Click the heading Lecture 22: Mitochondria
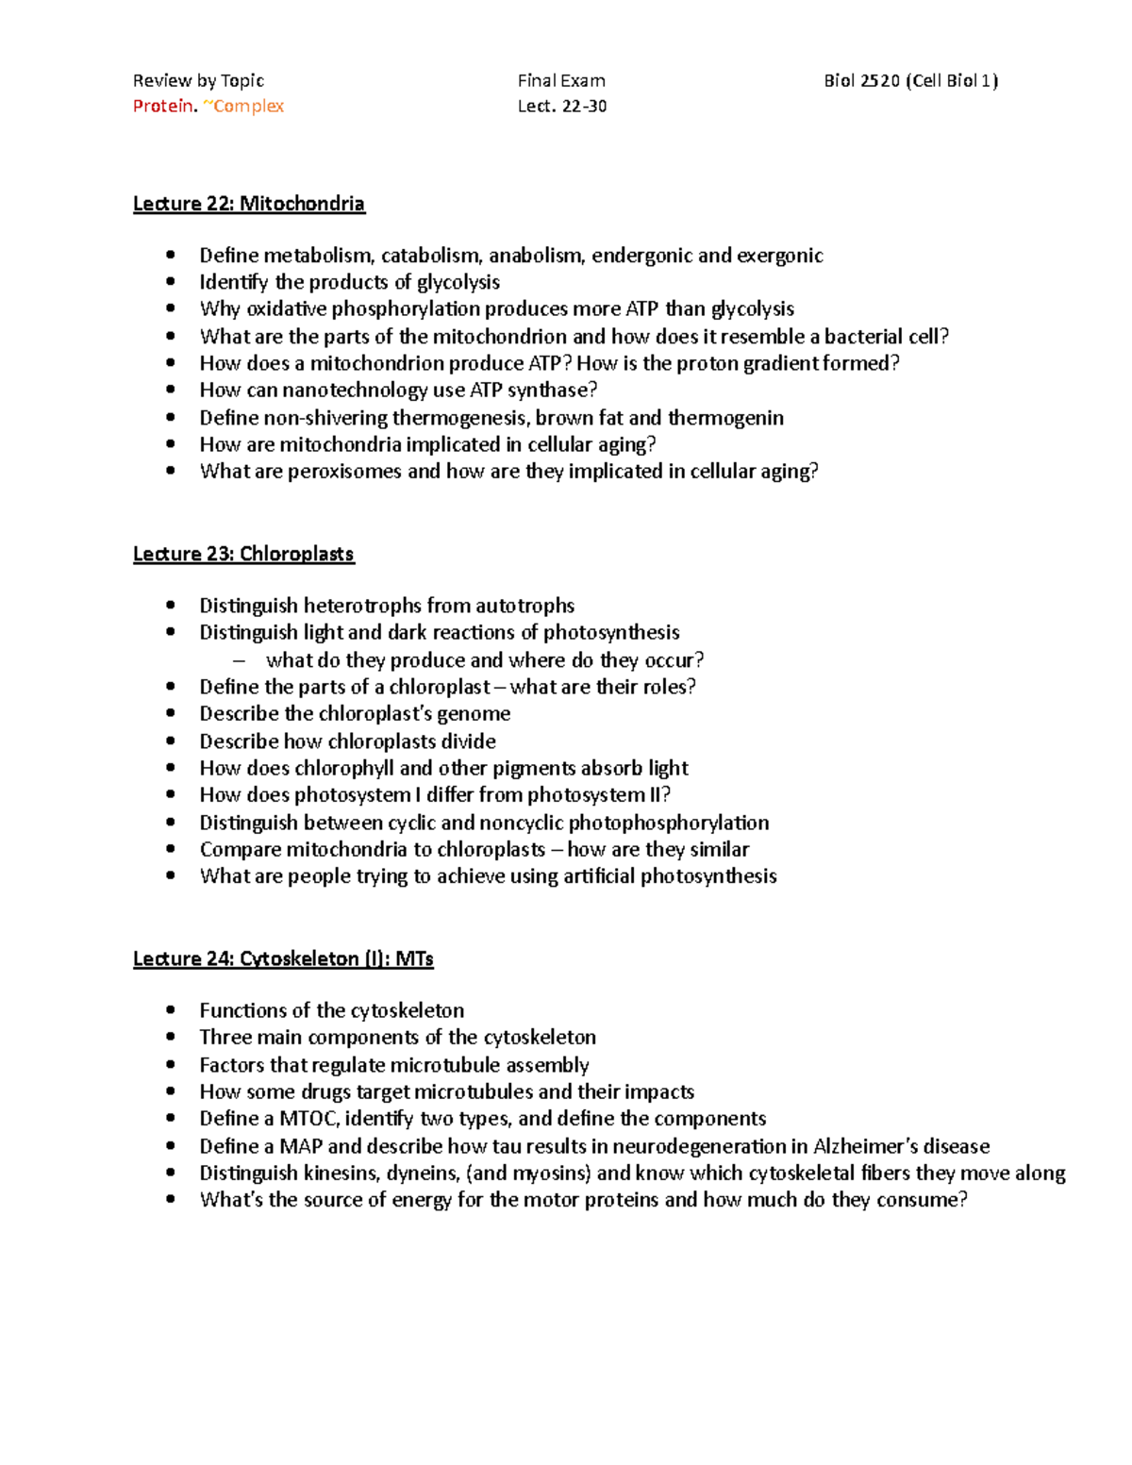pyautogui.click(x=248, y=204)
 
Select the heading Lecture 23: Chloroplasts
pyautogui.click(x=243, y=554)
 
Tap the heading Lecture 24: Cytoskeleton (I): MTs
pyautogui.click(x=283, y=958)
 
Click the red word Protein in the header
pyautogui.click(x=164, y=106)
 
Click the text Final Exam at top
pyautogui.click(x=561, y=81)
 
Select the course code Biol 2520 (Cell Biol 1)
pyautogui.click(x=910, y=81)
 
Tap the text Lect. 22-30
pyautogui.click(x=561, y=106)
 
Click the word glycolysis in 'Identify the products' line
pyautogui.click(x=458, y=282)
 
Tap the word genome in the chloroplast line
pyautogui.click(x=473, y=714)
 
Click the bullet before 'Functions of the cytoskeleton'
pyautogui.click(x=171, y=1010)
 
